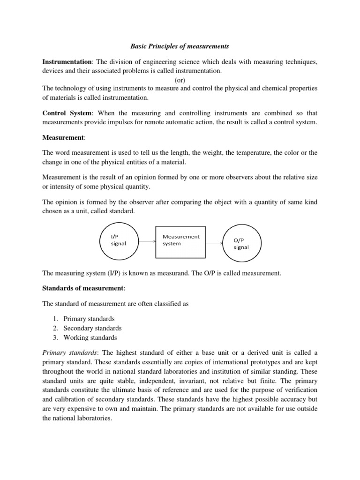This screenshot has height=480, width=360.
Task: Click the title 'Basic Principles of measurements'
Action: pos(180,47)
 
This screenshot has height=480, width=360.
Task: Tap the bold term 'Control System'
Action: pos(65,113)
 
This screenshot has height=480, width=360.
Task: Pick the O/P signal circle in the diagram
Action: pos(241,243)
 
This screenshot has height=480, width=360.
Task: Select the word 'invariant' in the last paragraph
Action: pos(204,381)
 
